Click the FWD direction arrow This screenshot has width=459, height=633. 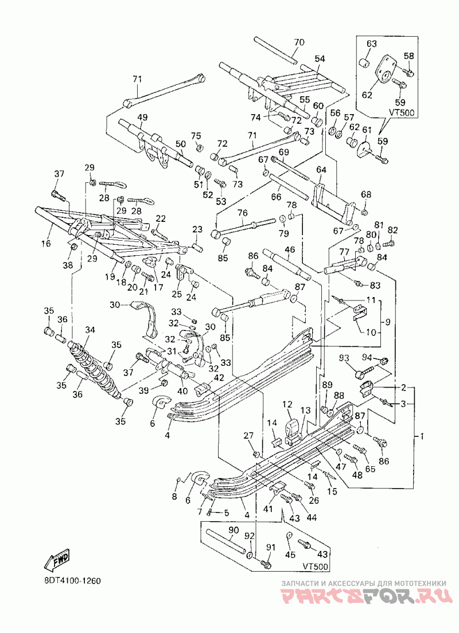[57, 560]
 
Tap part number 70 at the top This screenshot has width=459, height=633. [299, 42]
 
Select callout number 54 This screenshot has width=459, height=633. [320, 59]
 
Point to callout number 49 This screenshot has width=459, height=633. [142, 118]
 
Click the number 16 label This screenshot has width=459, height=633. [46, 244]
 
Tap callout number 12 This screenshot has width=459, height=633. [287, 404]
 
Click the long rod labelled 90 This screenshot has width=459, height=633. [225, 542]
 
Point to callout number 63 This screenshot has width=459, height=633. [372, 43]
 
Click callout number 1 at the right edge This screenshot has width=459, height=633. [422, 436]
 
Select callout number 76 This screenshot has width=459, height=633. [242, 213]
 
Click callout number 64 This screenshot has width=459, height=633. [321, 170]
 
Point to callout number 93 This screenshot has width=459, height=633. [344, 358]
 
